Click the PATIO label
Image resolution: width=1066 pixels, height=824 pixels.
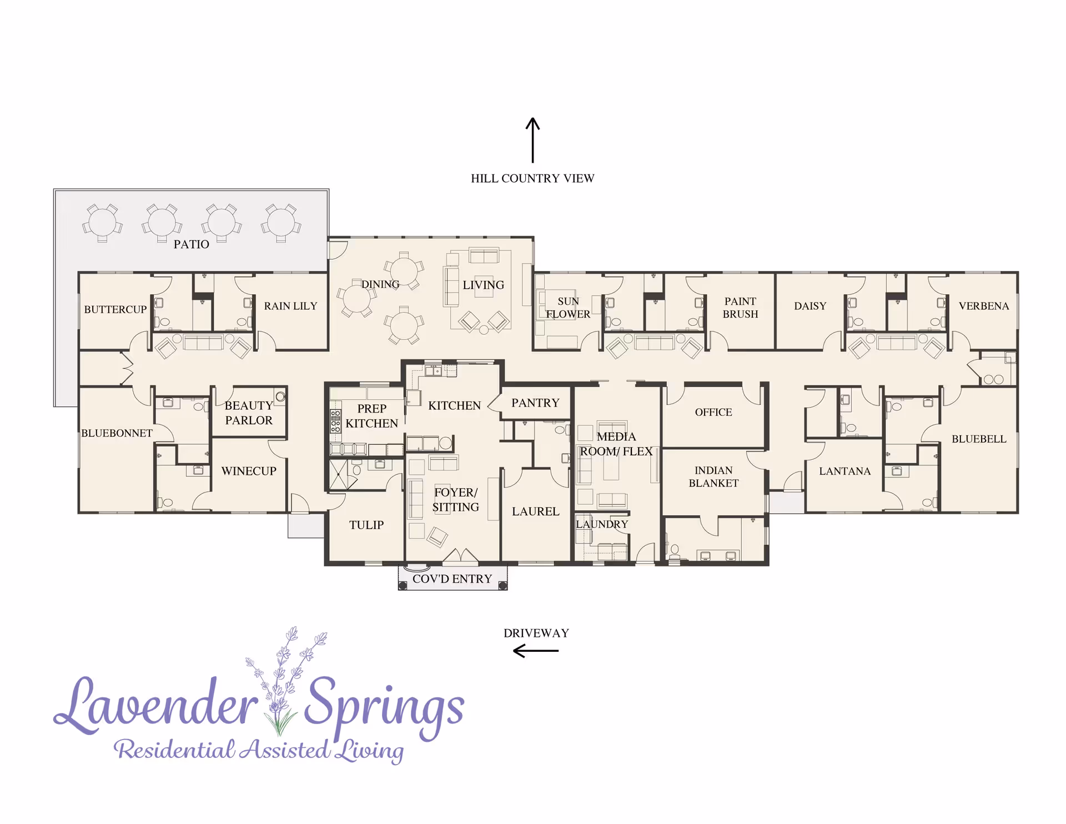pyautogui.click(x=191, y=244)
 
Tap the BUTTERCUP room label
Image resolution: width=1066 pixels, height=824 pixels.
pyautogui.click(x=115, y=309)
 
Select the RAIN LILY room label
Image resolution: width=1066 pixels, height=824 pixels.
pyautogui.click(x=290, y=306)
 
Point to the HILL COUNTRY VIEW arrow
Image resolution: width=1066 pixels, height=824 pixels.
pyautogui.click(x=532, y=140)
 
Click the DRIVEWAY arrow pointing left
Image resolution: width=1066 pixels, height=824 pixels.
pyautogui.click(x=536, y=651)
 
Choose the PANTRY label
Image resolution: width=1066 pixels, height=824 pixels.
pyautogui.click(x=535, y=403)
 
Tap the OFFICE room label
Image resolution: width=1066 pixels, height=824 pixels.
pyautogui.click(x=713, y=412)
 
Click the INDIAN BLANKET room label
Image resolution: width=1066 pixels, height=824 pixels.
pyautogui.click(x=713, y=476)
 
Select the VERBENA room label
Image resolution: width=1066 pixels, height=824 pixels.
pyautogui.click(x=983, y=306)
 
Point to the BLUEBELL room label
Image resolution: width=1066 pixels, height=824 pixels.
pyautogui.click(x=979, y=439)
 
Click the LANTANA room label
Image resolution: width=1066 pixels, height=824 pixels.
pyautogui.click(x=844, y=471)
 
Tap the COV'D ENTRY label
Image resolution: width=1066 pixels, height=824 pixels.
pyautogui.click(x=452, y=579)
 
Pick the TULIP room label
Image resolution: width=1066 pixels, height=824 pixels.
pyautogui.click(x=366, y=525)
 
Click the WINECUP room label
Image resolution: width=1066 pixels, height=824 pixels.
pyautogui.click(x=249, y=471)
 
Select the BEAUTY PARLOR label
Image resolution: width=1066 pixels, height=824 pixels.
pyautogui.click(x=249, y=413)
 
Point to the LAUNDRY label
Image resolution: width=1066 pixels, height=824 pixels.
pyautogui.click(x=602, y=524)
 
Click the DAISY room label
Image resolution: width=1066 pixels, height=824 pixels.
pyautogui.click(x=810, y=306)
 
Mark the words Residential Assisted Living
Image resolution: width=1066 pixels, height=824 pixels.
pyautogui.click(x=259, y=750)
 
